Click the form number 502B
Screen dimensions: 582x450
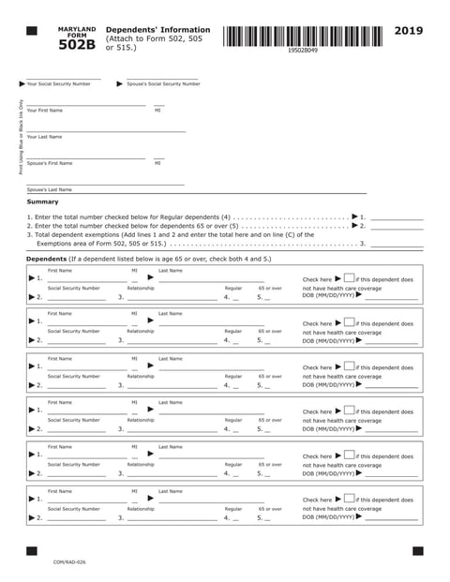77,44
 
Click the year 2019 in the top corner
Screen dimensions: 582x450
409,31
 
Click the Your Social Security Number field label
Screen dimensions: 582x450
58,84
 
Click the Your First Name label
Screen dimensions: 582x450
44,111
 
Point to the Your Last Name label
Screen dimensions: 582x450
44,137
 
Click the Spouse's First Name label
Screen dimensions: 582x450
49,163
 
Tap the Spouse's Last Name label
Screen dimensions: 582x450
49,189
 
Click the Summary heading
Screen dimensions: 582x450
42,201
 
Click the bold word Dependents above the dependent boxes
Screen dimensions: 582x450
46,259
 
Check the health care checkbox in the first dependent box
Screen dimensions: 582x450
349,278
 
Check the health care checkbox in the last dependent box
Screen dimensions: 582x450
349,500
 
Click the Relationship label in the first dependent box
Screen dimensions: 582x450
141,287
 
